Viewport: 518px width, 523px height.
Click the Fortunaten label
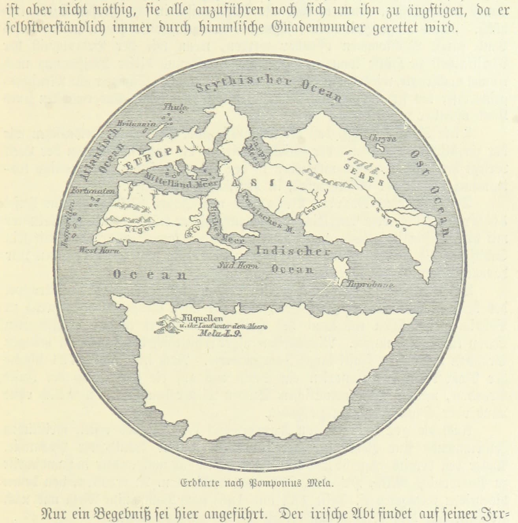[93, 191]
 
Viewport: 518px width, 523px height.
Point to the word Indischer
[293, 252]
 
